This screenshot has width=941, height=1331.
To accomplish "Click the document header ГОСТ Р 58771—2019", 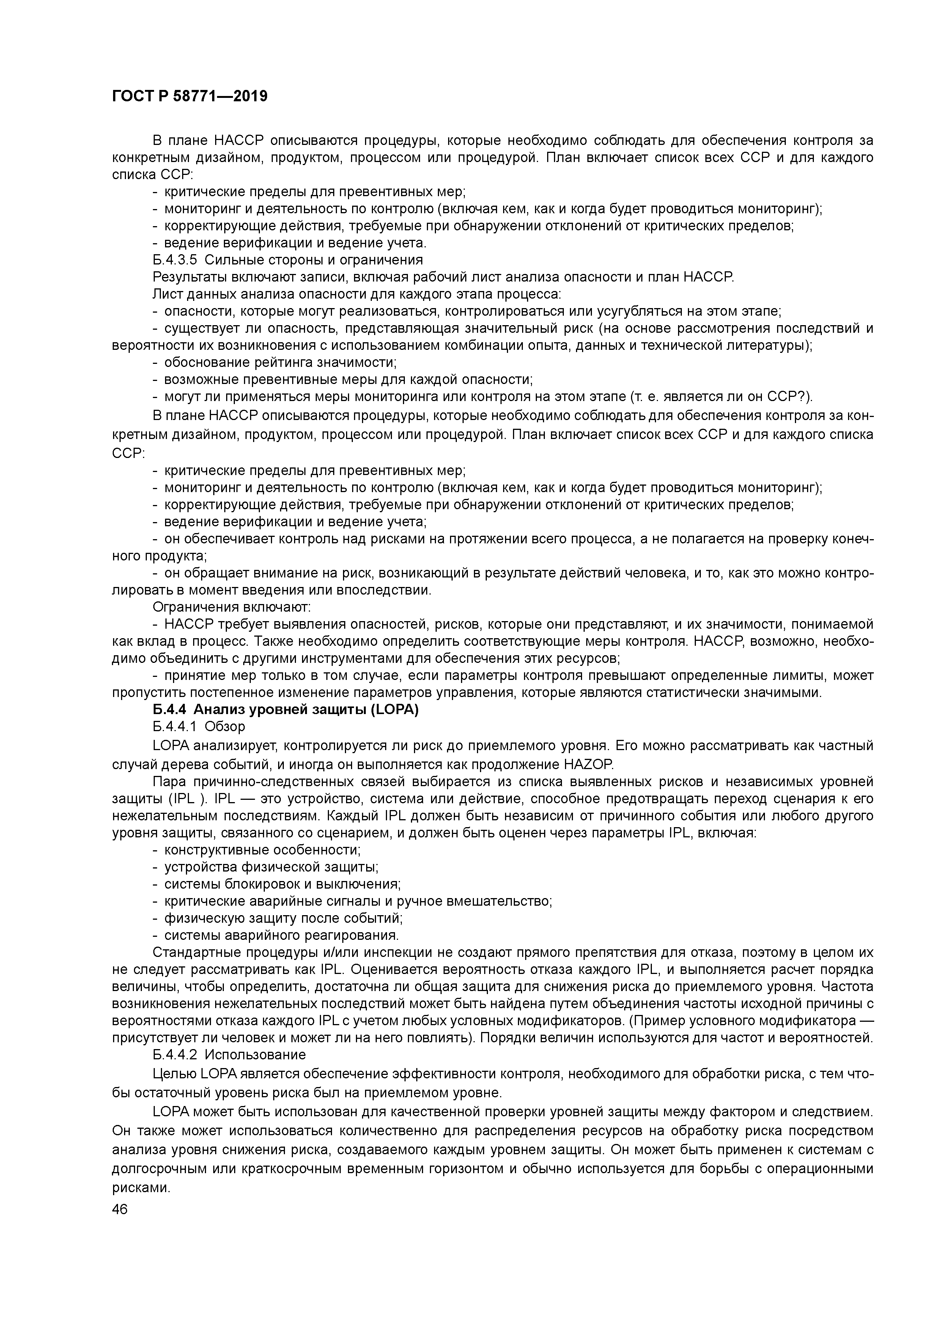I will tap(190, 96).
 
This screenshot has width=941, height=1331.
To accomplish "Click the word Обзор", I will tap(225, 726).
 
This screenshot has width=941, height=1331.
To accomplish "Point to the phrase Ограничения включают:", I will tap(232, 607).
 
